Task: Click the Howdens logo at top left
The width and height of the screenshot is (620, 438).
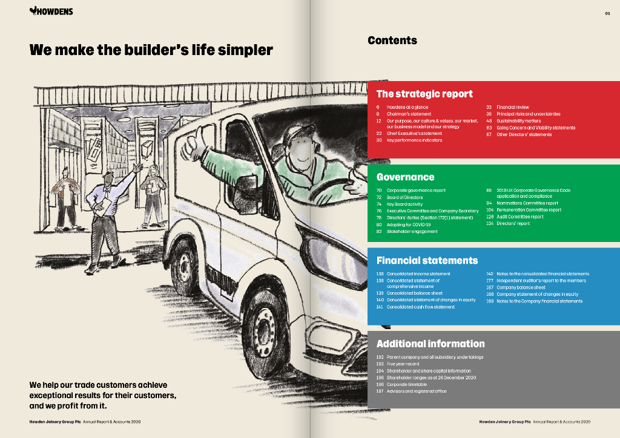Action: pos(51,11)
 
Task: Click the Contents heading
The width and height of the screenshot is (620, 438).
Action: pos(392,41)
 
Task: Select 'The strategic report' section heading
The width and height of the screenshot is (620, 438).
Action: pos(424,94)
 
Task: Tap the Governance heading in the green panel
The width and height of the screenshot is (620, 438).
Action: pos(405,177)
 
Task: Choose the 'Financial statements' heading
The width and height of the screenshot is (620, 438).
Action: pos(427,261)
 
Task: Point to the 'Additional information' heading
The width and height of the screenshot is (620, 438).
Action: pos(430,344)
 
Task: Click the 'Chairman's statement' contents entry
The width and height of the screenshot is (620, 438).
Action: pos(409,114)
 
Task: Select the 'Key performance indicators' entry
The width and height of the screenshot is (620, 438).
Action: pos(414,140)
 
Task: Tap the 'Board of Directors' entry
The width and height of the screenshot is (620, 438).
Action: pos(404,197)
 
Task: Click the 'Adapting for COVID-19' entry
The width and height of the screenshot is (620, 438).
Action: pos(409,224)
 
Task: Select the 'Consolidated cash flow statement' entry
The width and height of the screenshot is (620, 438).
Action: pos(420,307)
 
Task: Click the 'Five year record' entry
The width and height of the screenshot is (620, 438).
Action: pos(403,364)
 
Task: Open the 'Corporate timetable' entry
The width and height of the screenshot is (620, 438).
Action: pos(406,384)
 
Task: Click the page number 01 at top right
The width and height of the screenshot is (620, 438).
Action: pos(607,13)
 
